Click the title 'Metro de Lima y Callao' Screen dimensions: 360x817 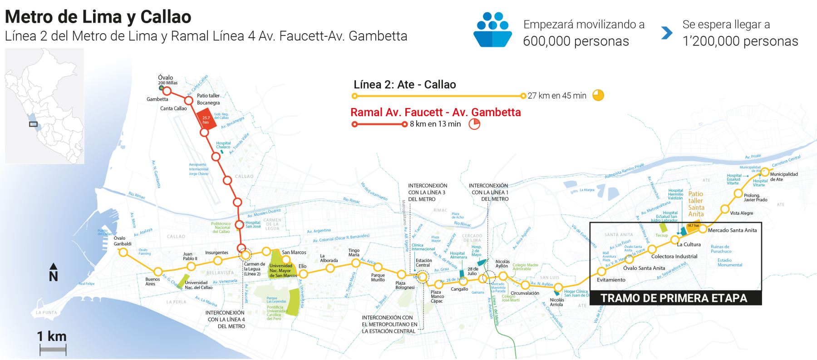pos(98,17)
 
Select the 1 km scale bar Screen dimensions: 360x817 pos(53,349)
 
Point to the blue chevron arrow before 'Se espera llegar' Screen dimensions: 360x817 pos(666,33)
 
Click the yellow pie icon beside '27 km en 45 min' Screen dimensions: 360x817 pos(598,95)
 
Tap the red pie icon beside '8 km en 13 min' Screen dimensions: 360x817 pos(474,124)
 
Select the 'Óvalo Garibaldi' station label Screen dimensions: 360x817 pos(123,241)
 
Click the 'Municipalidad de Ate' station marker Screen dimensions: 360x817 pos(764,172)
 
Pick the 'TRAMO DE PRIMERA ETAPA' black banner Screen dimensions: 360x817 pos(674,298)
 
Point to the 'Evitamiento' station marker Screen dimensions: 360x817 pos(601,272)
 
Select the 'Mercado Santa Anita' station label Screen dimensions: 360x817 pos(732,230)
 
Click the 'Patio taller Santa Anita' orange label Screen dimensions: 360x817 pos(695,204)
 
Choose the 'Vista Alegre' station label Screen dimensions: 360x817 pos(741,213)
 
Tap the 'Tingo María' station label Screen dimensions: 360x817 pos(354,252)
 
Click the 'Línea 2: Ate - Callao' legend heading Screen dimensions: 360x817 pos(404,84)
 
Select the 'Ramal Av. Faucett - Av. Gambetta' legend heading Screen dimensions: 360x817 pos(435,112)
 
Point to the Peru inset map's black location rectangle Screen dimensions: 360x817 pos(33,124)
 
